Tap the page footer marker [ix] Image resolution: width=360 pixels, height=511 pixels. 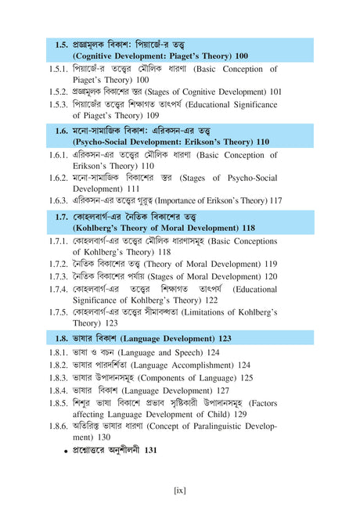coord(179,490)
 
